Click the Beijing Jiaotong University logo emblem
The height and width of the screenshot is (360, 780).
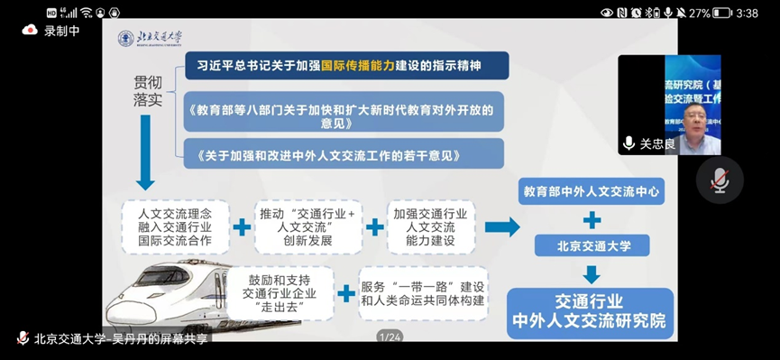pos(126,39)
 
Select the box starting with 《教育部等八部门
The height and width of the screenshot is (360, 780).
pos(344,115)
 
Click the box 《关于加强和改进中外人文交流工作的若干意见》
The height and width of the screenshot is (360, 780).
pos(344,154)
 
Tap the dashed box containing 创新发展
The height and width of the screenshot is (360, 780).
pos(307,226)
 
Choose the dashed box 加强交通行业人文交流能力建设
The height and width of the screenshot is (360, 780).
pos(430,226)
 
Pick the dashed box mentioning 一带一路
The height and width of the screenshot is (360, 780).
pos(423,293)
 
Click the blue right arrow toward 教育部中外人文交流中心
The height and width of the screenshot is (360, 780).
pos(500,226)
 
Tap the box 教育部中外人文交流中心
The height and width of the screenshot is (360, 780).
pos(591,191)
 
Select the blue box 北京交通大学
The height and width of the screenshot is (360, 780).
pos(592,245)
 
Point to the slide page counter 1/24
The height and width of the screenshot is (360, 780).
pos(390,337)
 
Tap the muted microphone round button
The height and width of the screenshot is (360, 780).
pos(719,180)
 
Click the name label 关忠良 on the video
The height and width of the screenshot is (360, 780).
pos(656,143)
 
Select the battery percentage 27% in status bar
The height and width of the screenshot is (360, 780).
pos(701,13)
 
